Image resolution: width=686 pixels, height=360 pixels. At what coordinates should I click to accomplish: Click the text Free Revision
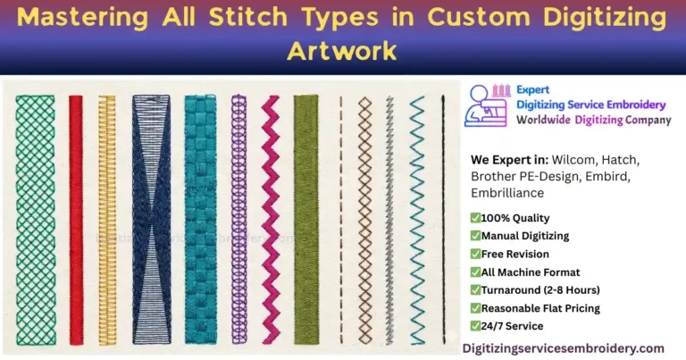pyautogui.click(x=514, y=254)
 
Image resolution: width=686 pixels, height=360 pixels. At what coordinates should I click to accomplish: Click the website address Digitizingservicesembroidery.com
pyautogui.click(x=563, y=347)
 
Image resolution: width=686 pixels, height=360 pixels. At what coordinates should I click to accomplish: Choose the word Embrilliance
pyautogui.click(x=508, y=192)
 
